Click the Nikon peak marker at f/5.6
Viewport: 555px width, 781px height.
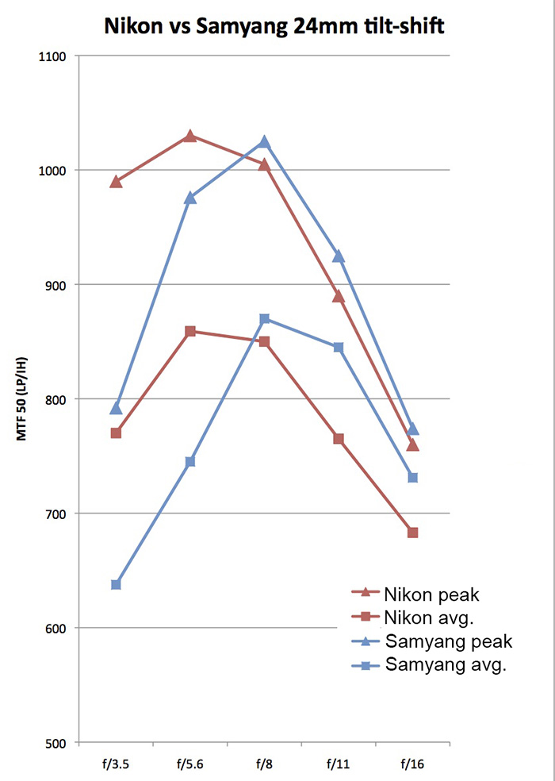pos(190,136)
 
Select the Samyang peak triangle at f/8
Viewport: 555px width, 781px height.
pos(265,142)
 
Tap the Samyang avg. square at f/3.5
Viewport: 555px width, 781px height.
pos(116,584)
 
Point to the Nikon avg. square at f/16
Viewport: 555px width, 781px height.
pos(413,533)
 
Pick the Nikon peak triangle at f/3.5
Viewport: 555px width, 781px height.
pos(116,182)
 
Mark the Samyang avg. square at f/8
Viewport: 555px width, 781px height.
pos(265,318)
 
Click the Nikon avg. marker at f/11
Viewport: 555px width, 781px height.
pos(339,439)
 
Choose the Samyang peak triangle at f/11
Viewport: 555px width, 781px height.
pos(339,256)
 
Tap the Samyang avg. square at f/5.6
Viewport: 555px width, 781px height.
pos(190,461)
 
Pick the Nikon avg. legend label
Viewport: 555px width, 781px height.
pos(429,617)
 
